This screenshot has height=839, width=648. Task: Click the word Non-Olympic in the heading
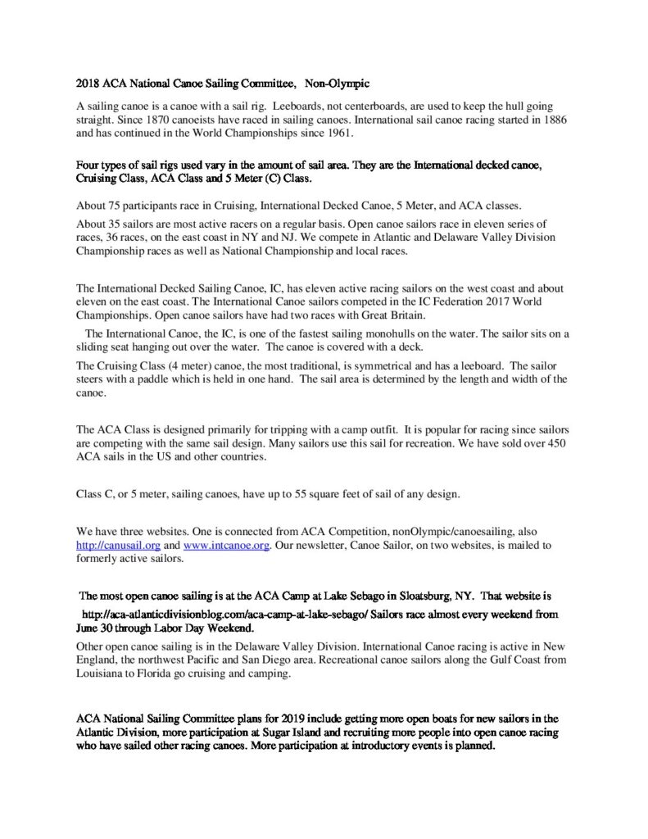(x=338, y=84)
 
